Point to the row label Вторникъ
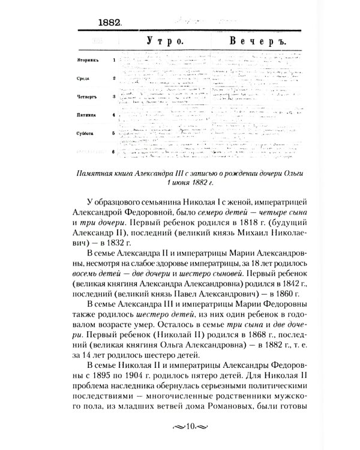88,61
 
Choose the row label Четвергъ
88,96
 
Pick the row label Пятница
87,114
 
